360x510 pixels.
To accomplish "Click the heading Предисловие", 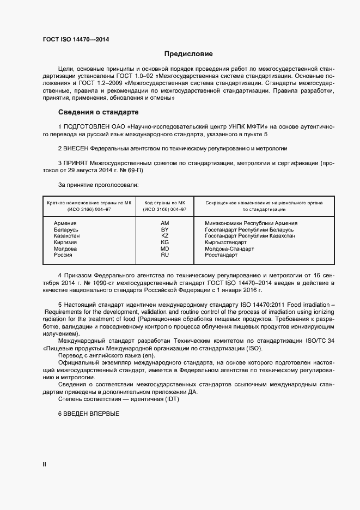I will point(189,54).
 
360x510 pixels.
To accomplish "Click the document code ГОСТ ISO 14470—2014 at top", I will point(76,40).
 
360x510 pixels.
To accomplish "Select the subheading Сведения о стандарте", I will point(98,112).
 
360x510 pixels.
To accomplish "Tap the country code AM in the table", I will point(165,223).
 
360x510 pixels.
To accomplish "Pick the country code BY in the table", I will point(165,230).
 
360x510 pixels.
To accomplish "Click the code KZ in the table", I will point(165,236).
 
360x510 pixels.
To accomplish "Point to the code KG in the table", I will point(165,242).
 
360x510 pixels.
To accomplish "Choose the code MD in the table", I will point(165,248).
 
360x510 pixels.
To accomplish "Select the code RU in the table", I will point(165,254).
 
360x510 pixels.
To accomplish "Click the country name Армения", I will point(65,223).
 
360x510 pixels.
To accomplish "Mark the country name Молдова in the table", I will point(65,248).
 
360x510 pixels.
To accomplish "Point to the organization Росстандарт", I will point(221,254).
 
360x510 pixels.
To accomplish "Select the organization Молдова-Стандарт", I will point(229,248).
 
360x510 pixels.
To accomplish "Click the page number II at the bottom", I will point(45,464).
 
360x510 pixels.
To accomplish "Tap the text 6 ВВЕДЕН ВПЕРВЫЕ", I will point(88,414).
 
